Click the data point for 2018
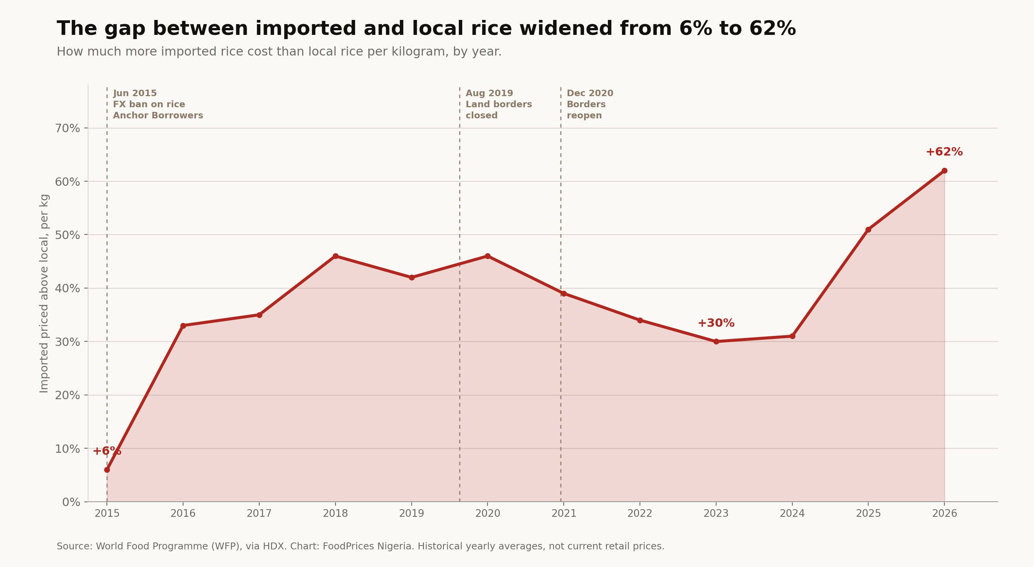(x=335, y=256)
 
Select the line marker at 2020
(x=488, y=256)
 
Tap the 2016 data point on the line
(x=183, y=326)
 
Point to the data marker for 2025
(x=868, y=230)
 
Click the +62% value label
(x=944, y=152)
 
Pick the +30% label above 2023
(x=716, y=323)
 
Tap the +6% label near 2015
(x=107, y=451)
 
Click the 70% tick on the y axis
(x=67, y=128)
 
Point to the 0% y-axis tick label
(x=71, y=502)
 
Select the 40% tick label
(x=67, y=288)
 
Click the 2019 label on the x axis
(x=411, y=514)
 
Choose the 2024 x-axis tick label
(x=792, y=514)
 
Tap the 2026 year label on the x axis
(x=944, y=514)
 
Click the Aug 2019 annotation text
(x=489, y=93)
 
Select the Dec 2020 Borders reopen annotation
(x=590, y=105)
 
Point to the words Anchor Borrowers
(x=158, y=116)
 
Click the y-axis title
(x=44, y=293)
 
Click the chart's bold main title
(x=426, y=29)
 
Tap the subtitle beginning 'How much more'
(x=279, y=52)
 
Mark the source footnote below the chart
(x=360, y=547)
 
